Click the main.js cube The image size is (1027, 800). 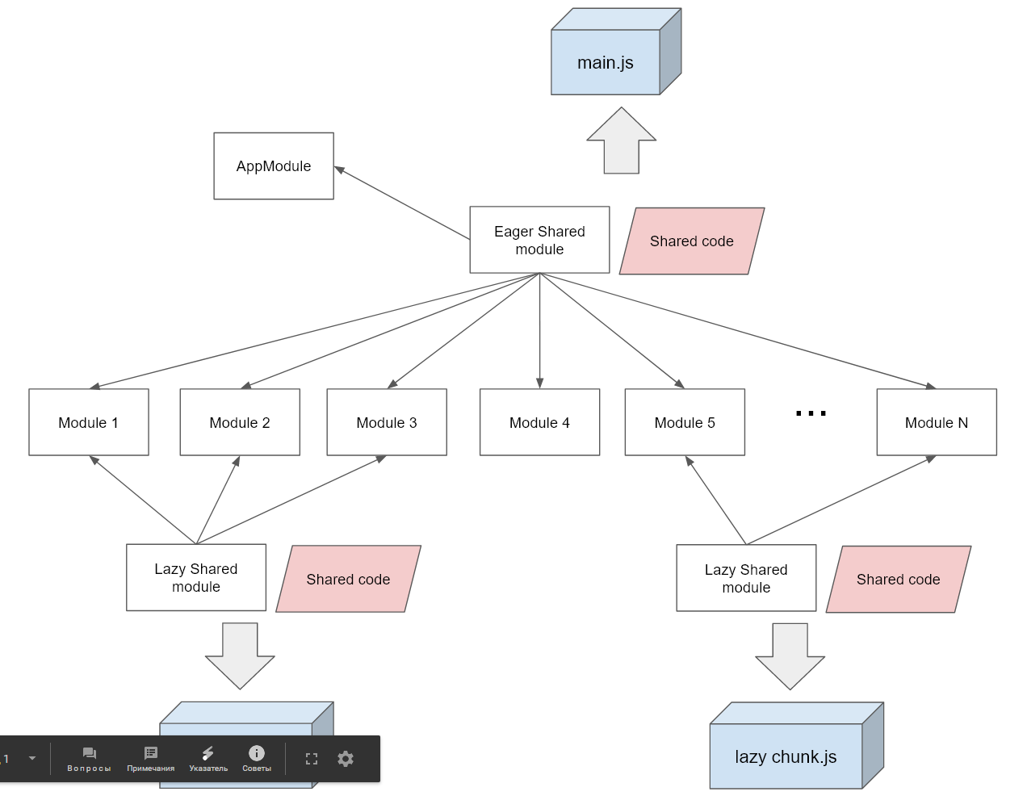point(606,62)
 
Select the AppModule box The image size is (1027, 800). point(274,166)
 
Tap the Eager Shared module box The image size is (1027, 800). point(539,240)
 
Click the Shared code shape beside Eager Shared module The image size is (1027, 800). point(692,241)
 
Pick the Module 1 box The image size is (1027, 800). point(89,422)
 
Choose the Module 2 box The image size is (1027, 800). point(240,422)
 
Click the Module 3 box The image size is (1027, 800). point(387,422)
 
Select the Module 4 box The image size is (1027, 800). point(539,422)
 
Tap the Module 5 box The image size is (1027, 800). point(685,422)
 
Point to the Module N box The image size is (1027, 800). point(937,422)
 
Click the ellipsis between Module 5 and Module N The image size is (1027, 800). point(811,413)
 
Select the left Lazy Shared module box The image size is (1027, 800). point(196,577)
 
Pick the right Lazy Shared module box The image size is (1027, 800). point(746,578)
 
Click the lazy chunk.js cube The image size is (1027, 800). point(786,756)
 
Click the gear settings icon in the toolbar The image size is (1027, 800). point(346,759)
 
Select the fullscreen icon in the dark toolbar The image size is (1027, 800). point(312,759)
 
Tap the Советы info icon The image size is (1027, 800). point(257,754)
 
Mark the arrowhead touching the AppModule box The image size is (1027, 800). point(339,170)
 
